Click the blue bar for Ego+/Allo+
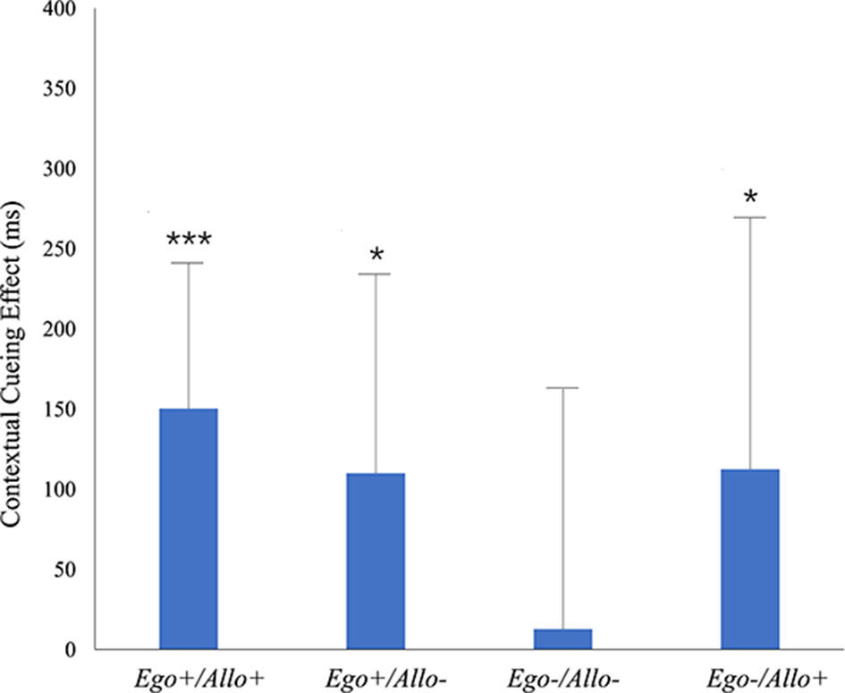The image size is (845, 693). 188,528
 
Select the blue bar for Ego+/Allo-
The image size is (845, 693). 376,561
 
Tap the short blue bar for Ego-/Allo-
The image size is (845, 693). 562,638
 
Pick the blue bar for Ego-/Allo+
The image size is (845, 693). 750,559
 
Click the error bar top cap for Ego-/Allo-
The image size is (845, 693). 562,388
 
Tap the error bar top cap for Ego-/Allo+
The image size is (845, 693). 750,217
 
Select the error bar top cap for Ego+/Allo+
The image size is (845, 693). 188,263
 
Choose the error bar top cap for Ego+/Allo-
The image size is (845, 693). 376,274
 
